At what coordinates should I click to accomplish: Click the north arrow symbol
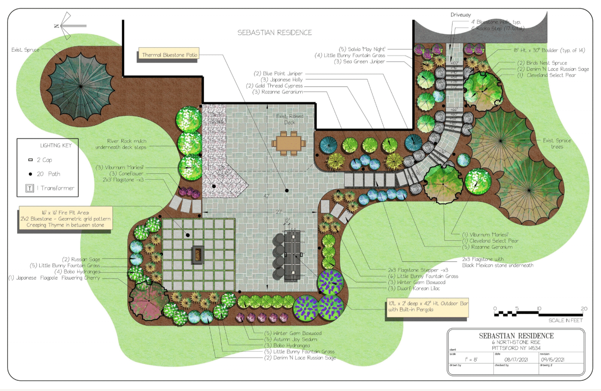[63, 26]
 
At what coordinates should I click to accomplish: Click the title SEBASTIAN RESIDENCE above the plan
[275, 33]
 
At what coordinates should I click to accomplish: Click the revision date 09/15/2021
[565, 360]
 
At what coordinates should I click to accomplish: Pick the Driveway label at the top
[460, 15]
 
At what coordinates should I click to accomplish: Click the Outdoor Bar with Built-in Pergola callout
[427, 307]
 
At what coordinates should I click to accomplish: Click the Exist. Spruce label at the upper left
[29, 50]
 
